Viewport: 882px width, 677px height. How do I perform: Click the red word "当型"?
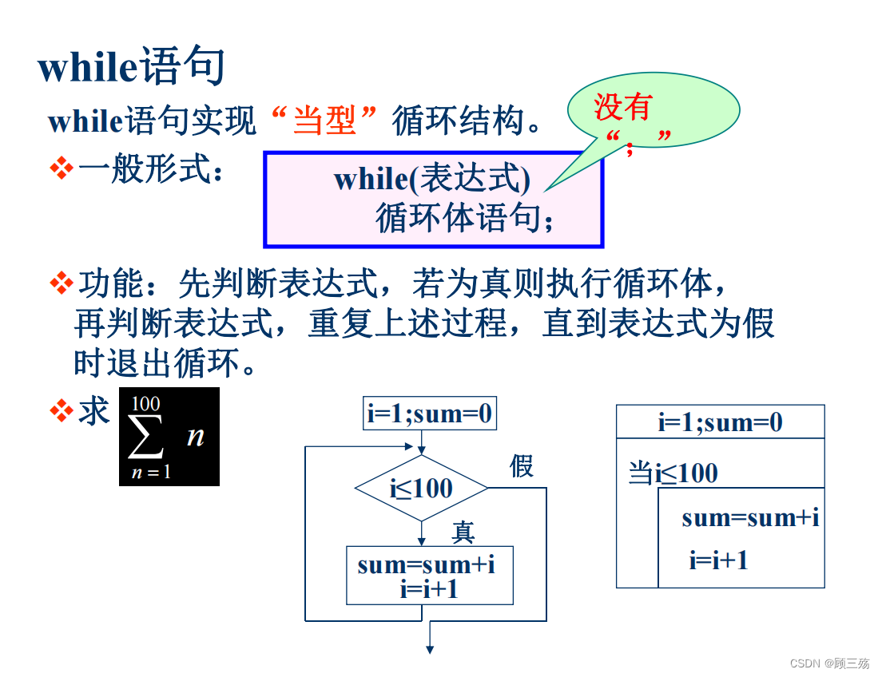324,121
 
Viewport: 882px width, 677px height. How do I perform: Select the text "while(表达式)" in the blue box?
431,179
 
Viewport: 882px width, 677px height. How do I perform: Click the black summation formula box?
169,437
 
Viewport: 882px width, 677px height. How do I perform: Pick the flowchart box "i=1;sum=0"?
429,414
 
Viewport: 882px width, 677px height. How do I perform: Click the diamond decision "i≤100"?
421,488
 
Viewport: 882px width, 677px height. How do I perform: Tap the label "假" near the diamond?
522,465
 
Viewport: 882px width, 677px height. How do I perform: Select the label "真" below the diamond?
463,530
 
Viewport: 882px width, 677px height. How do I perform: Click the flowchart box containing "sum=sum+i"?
429,575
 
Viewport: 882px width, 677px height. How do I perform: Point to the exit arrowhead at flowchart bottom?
429,648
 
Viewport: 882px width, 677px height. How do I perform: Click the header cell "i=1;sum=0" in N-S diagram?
720,422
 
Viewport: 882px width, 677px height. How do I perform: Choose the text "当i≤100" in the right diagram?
673,473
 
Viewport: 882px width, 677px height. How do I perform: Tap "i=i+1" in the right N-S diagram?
718,560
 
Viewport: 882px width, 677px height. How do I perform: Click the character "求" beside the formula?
93,411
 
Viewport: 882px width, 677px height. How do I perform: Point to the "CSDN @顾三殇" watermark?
829,663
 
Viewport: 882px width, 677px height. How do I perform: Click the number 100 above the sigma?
145,403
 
